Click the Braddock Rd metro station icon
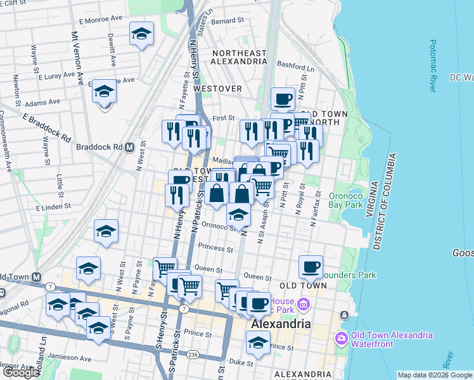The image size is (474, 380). pyautogui.click(x=129, y=146)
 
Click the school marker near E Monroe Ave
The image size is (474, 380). pyautogui.click(x=141, y=34)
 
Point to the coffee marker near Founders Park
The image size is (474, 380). pyautogui.click(x=311, y=267)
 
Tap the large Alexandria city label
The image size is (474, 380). pyautogui.click(x=281, y=324)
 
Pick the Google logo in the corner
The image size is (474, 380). pyautogui.click(x=21, y=372)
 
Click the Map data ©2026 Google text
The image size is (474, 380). pyautogui.click(x=434, y=375)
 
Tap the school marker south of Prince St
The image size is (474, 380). pyautogui.click(x=258, y=343)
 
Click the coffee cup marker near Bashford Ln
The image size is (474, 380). pyautogui.click(x=282, y=99)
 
